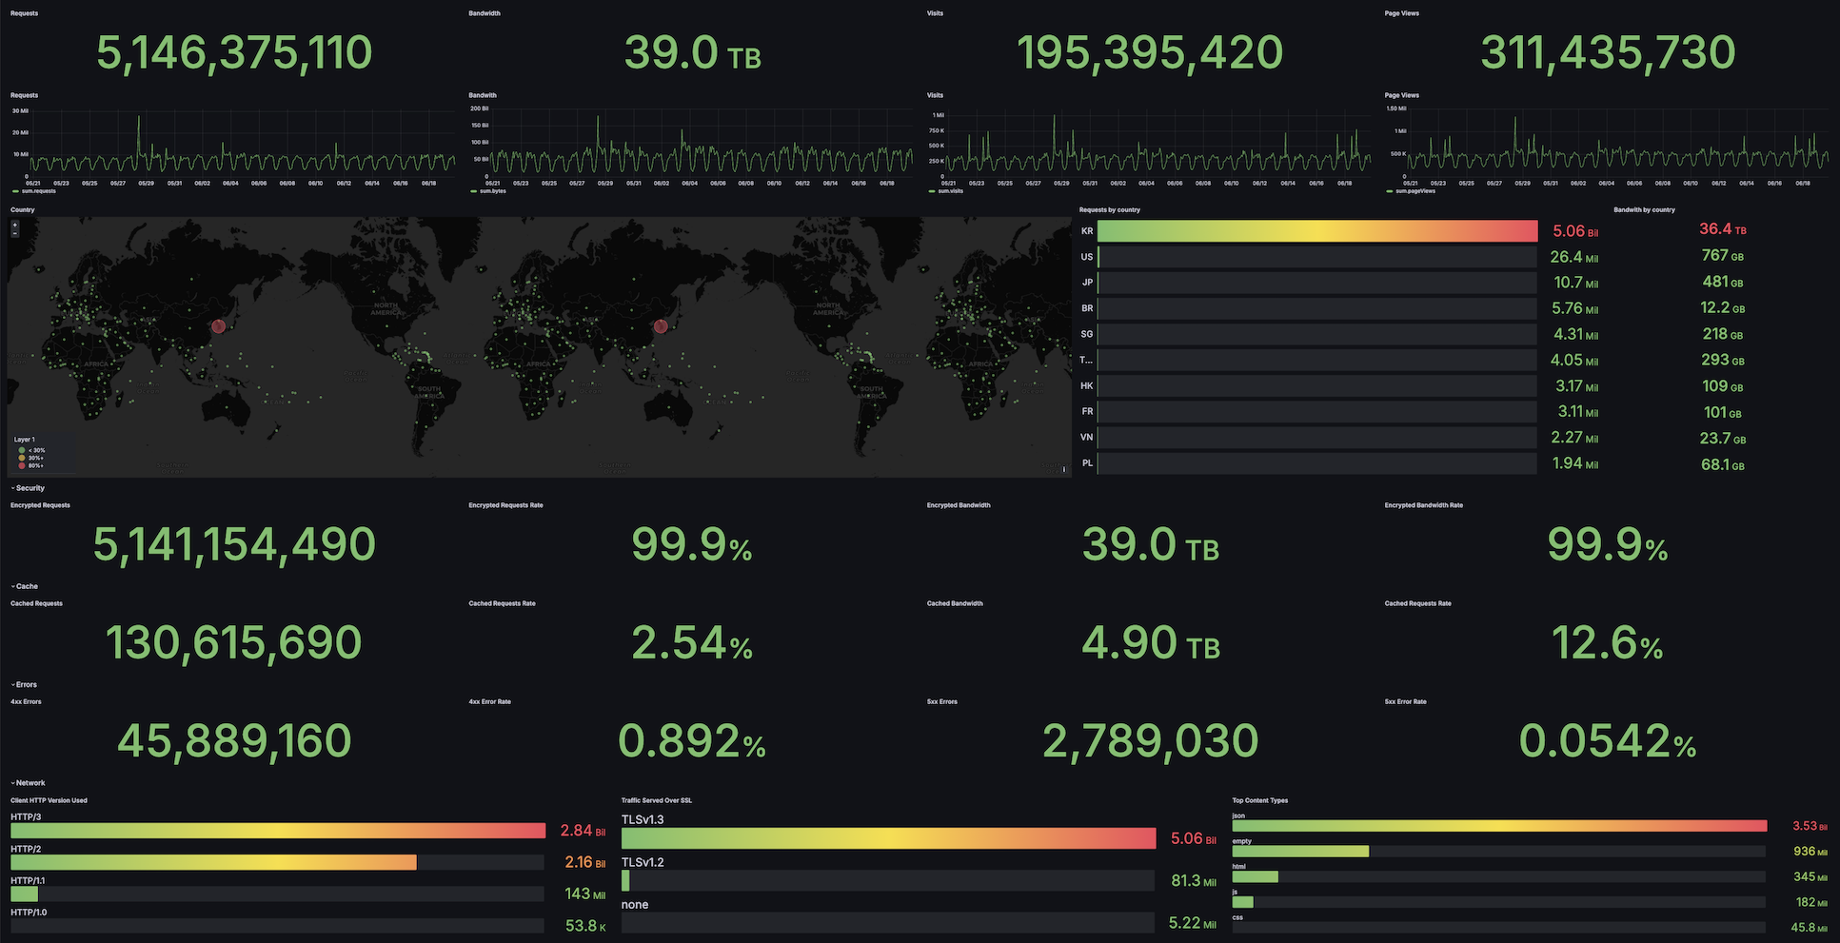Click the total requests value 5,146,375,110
234,52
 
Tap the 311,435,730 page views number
1608,52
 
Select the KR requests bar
1317,231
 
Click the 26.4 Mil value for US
1573,257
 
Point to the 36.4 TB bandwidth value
1722,229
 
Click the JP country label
1087,283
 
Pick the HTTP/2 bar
213,862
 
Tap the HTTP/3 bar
278,831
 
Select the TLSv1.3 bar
888,838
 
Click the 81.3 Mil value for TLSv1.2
1193,881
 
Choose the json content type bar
1499,826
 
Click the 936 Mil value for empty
1810,852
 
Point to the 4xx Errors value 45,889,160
234,741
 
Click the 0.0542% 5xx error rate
1607,741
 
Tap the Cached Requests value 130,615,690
234,643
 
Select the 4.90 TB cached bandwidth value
1150,643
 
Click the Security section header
30,488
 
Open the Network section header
30,783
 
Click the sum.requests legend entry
38,191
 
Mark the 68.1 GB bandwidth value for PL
1722,465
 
